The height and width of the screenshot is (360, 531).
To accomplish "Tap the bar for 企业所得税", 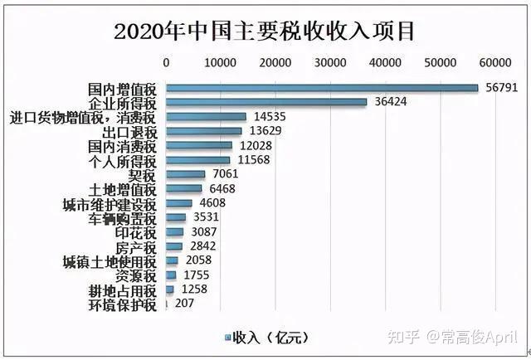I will pyautogui.click(x=266, y=102).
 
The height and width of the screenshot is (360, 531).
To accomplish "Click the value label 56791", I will pyautogui.click(x=500, y=87).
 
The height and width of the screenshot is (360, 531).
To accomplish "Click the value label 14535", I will pyautogui.click(x=268, y=116).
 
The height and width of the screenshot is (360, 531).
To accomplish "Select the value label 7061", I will pyautogui.click(x=225, y=174).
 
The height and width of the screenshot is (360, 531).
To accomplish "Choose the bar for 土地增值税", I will pyautogui.click(x=184, y=189).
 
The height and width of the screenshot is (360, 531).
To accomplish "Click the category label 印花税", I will pyautogui.click(x=135, y=233).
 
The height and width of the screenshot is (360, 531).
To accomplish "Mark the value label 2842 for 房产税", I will pyautogui.click(x=201, y=246).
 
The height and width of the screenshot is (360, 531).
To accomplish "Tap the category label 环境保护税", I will pyautogui.click(x=122, y=305).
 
